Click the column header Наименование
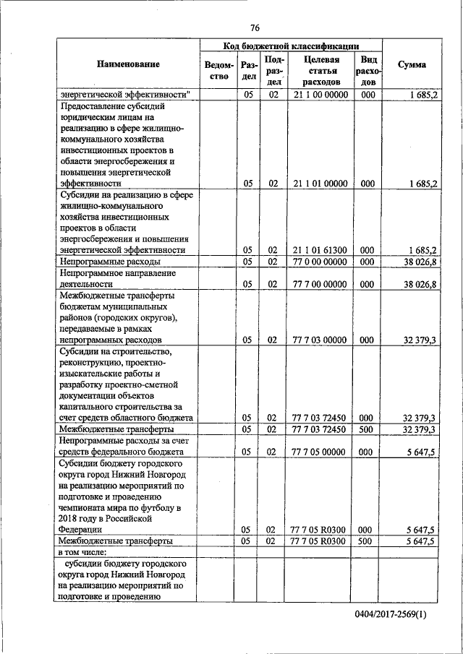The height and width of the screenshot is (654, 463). [x=128, y=65]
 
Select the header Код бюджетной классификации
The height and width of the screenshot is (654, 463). [x=292, y=46]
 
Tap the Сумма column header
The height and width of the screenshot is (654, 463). [x=412, y=65]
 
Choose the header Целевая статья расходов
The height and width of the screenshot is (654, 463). [x=318, y=71]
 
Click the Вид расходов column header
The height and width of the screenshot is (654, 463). [x=368, y=71]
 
